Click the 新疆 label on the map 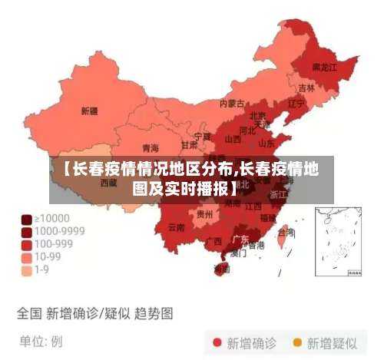click(x=89, y=111)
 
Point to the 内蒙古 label click(x=232, y=103)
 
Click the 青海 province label click(x=151, y=147)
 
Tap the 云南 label click(x=176, y=227)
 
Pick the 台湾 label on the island click(x=286, y=232)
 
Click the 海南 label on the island click(x=222, y=269)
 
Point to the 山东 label click(x=266, y=143)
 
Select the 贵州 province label click(x=205, y=214)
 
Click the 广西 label click(x=214, y=241)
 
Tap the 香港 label click(x=256, y=246)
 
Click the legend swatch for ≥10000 click(x=26, y=219)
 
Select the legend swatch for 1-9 click(x=26, y=270)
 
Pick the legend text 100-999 click(x=55, y=244)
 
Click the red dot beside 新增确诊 click(x=217, y=342)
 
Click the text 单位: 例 click(x=40, y=340)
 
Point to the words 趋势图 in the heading click(x=154, y=313)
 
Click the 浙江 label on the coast click(x=279, y=194)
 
